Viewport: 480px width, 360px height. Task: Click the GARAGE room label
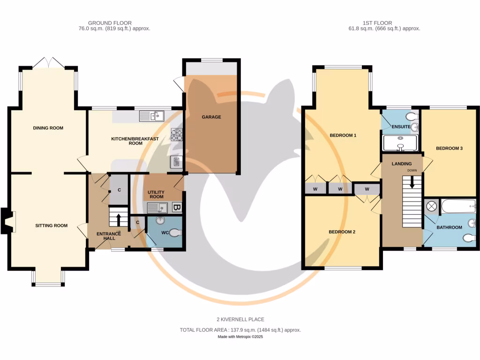click(x=211, y=117)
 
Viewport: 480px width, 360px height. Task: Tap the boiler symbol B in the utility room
click(x=177, y=207)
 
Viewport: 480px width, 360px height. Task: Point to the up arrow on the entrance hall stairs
click(x=118, y=219)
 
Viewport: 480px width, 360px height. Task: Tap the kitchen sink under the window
click(x=151, y=115)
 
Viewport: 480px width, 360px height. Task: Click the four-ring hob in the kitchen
click(x=177, y=135)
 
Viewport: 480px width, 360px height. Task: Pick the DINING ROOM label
click(x=48, y=128)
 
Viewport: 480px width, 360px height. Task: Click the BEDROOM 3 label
click(x=449, y=149)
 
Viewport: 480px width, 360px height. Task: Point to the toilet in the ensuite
click(x=412, y=116)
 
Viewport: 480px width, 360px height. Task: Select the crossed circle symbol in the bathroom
click(x=431, y=206)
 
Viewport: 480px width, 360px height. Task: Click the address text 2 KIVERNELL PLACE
click(x=240, y=320)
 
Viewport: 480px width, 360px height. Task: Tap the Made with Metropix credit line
click(x=240, y=337)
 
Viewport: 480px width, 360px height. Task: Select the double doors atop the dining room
click(x=48, y=63)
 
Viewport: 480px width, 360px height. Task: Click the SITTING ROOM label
click(x=51, y=225)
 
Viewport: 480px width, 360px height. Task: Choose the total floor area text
click(x=240, y=330)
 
